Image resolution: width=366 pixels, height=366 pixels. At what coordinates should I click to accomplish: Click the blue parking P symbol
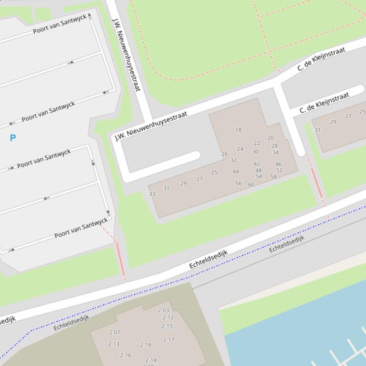[13, 138]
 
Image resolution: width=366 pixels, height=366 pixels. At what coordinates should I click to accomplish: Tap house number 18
[238, 130]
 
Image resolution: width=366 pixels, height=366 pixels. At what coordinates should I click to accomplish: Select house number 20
[270, 138]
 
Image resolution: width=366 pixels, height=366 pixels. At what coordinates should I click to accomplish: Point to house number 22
[257, 143]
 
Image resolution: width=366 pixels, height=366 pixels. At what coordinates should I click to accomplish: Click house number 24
[240, 149]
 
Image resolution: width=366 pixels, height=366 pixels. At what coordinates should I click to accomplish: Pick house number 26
[225, 154]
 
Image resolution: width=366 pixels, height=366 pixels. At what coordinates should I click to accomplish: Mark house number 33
[152, 194]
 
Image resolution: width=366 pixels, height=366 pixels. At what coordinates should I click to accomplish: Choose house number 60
[251, 185]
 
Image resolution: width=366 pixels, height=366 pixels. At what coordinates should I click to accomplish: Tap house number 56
[238, 183]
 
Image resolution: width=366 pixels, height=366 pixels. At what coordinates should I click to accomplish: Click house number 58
[274, 177]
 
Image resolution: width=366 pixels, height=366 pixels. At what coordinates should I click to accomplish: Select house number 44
[236, 172]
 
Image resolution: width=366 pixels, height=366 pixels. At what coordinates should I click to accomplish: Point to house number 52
[279, 170]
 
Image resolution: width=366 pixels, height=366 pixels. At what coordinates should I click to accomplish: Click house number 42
[257, 164]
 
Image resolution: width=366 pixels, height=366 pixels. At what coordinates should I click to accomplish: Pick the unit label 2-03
[163, 311]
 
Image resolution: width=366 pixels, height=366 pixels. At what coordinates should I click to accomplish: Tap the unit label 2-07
[115, 333]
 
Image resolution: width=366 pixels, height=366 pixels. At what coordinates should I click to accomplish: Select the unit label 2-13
[114, 344]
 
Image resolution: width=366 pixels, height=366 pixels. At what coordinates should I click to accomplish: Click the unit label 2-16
[126, 355]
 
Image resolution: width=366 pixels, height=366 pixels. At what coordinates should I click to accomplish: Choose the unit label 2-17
[169, 340]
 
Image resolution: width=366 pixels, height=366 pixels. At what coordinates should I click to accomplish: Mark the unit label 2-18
[146, 345]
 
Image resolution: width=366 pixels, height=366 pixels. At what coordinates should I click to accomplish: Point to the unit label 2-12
[168, 318]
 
